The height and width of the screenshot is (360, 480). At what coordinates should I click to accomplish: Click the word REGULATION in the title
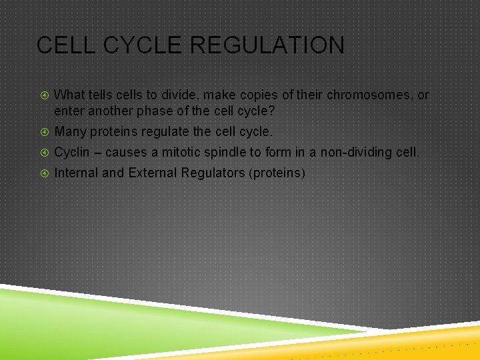[267, 45]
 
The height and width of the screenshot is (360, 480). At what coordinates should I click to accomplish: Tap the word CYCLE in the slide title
[143, 45]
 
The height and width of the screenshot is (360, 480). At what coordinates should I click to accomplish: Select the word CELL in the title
[66, 45]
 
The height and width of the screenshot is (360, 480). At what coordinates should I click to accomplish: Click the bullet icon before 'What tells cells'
[45, 95]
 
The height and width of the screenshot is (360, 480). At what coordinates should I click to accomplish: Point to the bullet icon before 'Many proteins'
[45, 132]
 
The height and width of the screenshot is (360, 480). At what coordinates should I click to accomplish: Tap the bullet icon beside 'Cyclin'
[45, 153]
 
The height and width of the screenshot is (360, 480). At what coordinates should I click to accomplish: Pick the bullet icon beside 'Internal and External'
[45, 173]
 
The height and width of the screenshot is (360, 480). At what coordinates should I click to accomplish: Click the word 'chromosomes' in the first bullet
[368, 95]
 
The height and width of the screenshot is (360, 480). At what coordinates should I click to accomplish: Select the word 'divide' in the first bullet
[180, 95]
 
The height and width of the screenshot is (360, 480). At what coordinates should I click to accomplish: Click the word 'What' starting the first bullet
[68, 95]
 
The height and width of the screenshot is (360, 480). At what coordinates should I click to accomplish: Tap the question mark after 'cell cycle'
[271, 111]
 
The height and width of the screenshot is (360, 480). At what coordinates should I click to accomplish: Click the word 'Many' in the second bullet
[71, 132]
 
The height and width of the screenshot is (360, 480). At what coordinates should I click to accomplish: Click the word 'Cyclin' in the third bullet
[71, 153]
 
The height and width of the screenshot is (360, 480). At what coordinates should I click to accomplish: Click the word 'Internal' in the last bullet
[76, 173]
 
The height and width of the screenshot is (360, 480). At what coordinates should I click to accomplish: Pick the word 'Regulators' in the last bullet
[213, 173]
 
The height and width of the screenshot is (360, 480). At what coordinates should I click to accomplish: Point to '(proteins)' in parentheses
[277, 173]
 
